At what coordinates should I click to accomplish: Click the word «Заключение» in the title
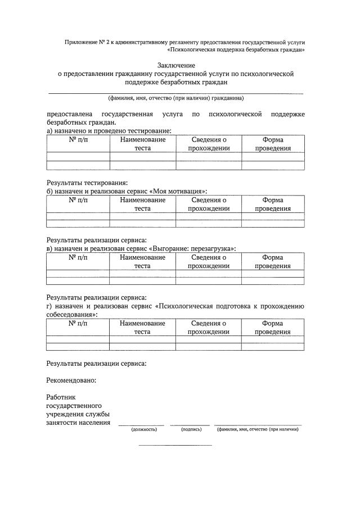click(x=175, y=65)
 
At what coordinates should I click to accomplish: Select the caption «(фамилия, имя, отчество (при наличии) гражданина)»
click(x=175, y=98)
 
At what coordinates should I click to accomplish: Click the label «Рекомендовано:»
click(x=71, y=380)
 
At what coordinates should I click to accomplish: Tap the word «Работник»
click(x=61, y=397)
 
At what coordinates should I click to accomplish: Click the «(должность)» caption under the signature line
click(x=144, y=430)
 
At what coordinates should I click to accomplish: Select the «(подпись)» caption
click(x=191, y=430)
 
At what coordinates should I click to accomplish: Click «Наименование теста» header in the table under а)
click(x=142, y=144)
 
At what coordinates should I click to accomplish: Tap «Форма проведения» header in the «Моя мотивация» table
click(x=273, y=205)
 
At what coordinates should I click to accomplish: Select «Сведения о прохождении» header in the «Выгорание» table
click(x=209, y=262)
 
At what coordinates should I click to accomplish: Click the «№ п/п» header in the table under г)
click(x=78, y=323)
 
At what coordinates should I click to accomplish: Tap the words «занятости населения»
click(x=78, y=423)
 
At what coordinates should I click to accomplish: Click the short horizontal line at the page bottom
click(x=175, y=445)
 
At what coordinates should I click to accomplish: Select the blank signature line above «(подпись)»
click(x=190, y=425)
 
